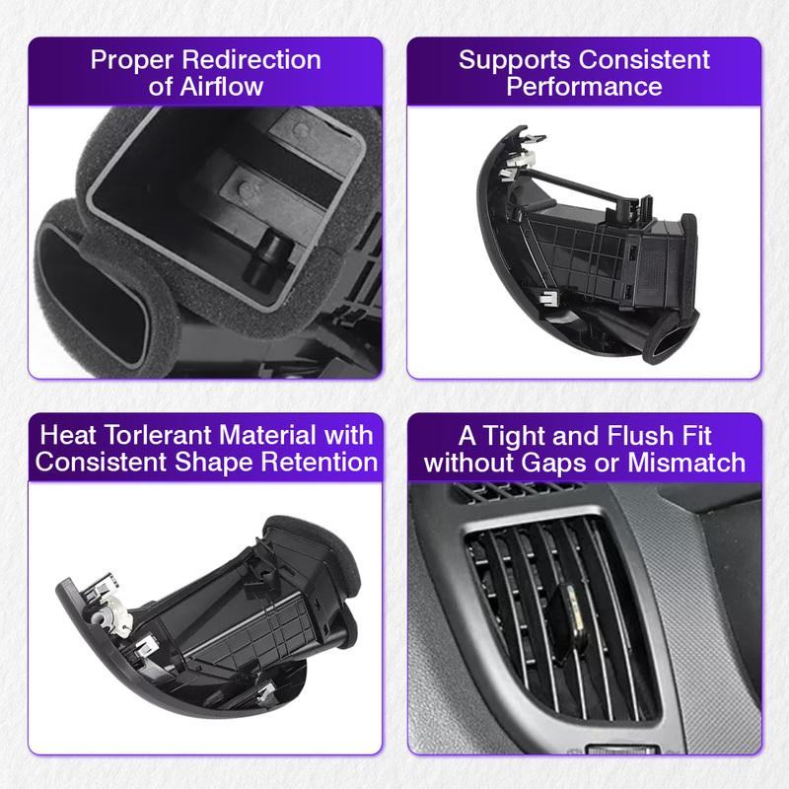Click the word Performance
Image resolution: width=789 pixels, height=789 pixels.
tap(584, 86)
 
